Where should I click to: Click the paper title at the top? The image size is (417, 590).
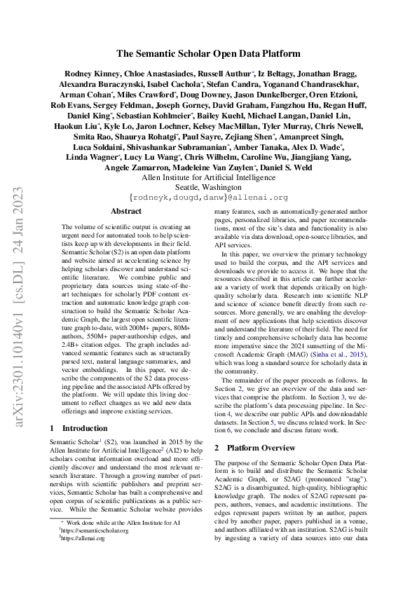(x=208, y=53)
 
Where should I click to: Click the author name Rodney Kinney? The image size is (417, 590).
(x=89, y=74)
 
